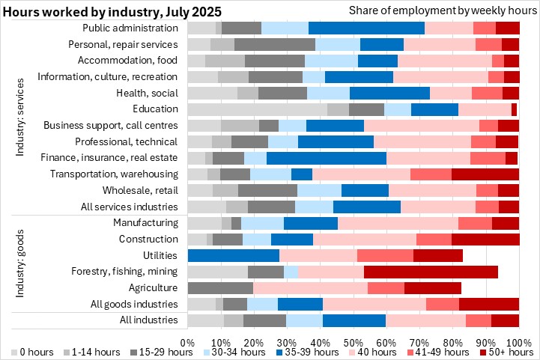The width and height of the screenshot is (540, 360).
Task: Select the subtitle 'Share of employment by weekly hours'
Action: click(440, 10)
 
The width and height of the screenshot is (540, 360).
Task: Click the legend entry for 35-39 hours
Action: click(315, 352)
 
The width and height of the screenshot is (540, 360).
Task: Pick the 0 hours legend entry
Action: click(34, 352)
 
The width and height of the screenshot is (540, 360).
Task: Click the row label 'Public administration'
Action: click(130, 28)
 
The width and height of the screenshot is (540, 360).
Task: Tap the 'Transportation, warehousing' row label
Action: click(114, 174)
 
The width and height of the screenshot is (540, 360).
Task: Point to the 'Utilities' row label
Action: click(160, 255)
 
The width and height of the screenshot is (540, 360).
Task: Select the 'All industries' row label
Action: click(148, 320)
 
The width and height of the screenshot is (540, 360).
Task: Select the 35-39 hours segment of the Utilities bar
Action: click(233, 255)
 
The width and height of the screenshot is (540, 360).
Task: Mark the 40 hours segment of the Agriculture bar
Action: click(310, 287)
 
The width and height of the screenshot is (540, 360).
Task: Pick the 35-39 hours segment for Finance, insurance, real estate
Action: click(326, 158)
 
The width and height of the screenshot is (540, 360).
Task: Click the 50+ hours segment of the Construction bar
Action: click(485, 239)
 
